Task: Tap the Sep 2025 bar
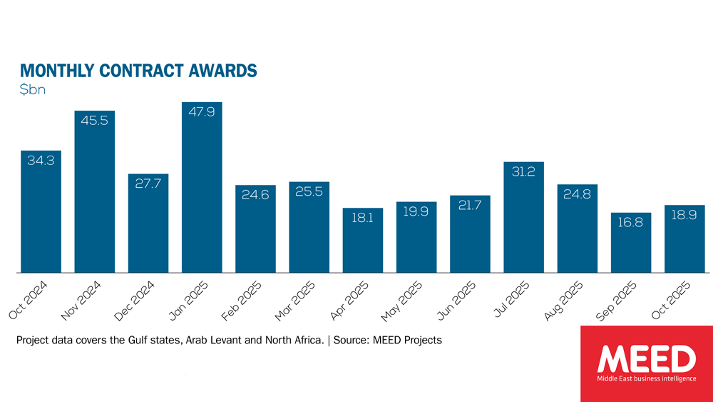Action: [631, 243]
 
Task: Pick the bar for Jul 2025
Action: [523, 217]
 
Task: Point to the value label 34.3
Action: [41, 161]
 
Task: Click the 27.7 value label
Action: [148, 184]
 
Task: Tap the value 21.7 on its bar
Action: [470, 206]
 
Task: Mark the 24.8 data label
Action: [577, 194]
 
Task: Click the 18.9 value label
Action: [684, 216]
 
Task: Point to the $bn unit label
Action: [32, 91]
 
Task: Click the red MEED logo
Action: [646, 363]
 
